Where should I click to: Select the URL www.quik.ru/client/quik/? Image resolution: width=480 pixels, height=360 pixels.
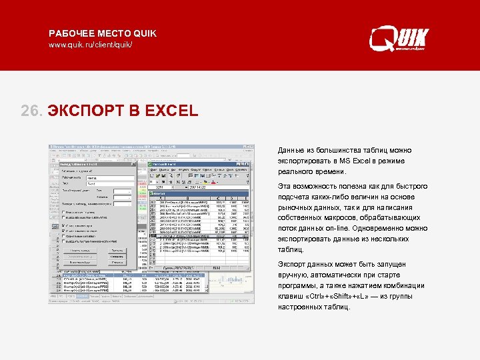point(95,45)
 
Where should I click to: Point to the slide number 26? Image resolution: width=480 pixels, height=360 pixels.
point(32,110)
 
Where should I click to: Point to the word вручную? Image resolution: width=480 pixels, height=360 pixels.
point(294,275)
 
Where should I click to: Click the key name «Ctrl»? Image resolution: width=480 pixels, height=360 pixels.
point(315,296)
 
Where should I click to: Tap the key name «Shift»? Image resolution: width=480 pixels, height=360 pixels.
point(348,296)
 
